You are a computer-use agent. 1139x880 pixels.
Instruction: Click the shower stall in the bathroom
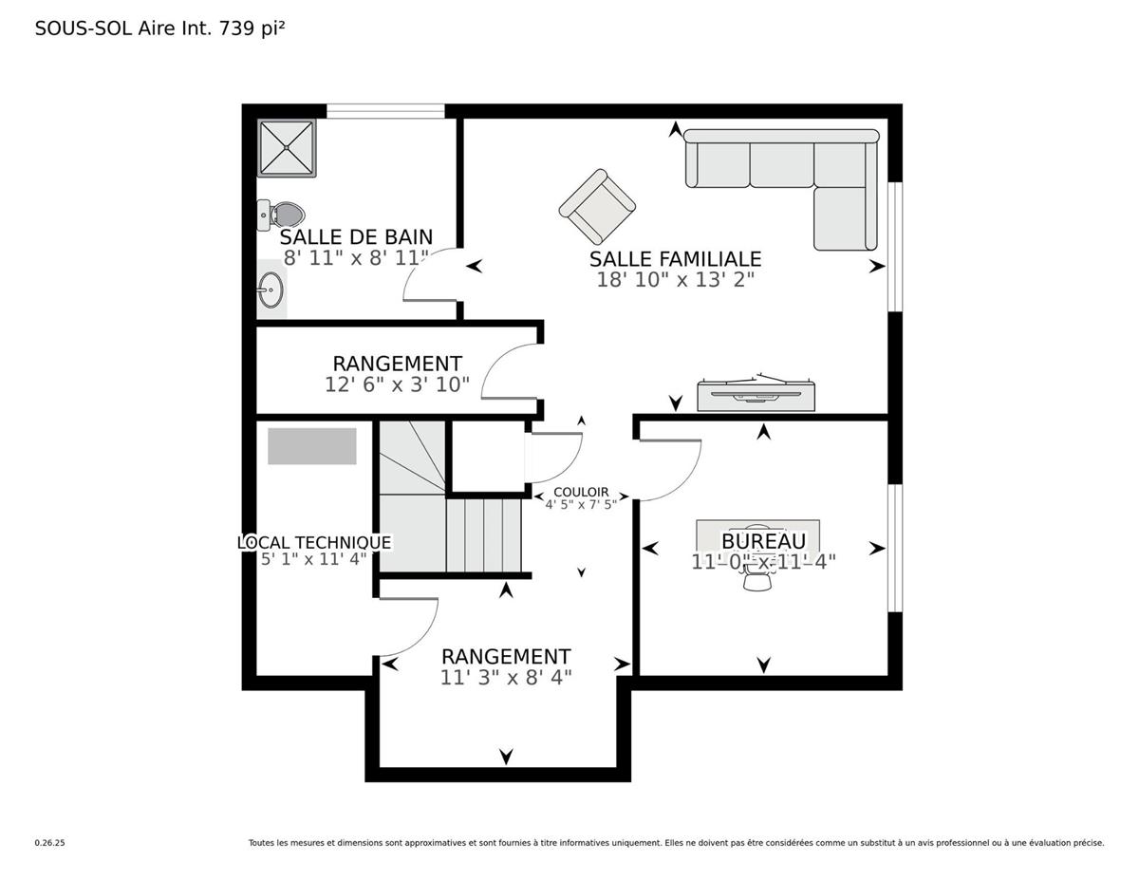[x=287, y=148]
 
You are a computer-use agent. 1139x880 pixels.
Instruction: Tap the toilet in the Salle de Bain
[x=278, y=215]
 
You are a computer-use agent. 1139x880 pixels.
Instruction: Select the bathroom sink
[x=271, y=290]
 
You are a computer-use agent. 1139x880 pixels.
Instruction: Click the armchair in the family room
[x=597, y=206]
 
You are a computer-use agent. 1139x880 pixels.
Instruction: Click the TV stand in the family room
[x=756, y=394]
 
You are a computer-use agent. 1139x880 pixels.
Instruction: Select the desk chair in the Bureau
[x=757, y=580]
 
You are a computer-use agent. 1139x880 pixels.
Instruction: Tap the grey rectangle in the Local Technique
[x=311, y=446]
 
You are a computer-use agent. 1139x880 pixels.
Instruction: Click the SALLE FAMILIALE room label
[x=675, y=258]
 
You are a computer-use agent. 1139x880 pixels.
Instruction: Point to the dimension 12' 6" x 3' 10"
[x=397, y=384]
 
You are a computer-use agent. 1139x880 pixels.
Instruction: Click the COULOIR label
[x=581, y=492]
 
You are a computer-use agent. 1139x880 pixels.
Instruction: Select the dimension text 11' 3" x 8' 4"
[x=506, y=677]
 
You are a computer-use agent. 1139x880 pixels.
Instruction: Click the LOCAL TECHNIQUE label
[x=313, y=542]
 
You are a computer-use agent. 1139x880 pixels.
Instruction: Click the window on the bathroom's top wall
[x=385, y=111]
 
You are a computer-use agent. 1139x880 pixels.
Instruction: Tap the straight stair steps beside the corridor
[x=484, y=535]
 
